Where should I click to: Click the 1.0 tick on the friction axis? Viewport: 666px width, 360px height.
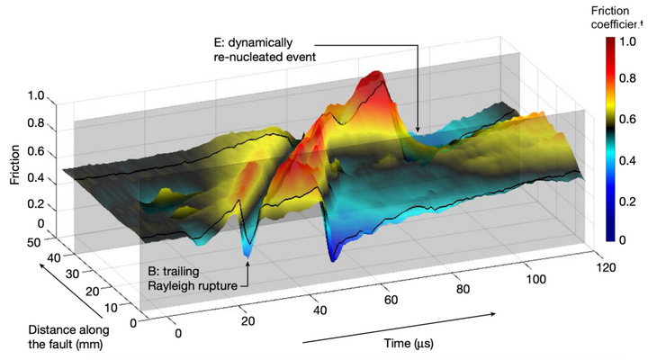[x=36, y=94]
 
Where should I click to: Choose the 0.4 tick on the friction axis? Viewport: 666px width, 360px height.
[x=36, y=178]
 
